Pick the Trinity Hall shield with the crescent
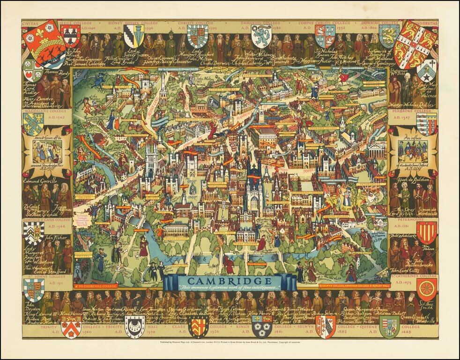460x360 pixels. pos(134,326)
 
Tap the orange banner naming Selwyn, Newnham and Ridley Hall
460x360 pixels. pos(352,285)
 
